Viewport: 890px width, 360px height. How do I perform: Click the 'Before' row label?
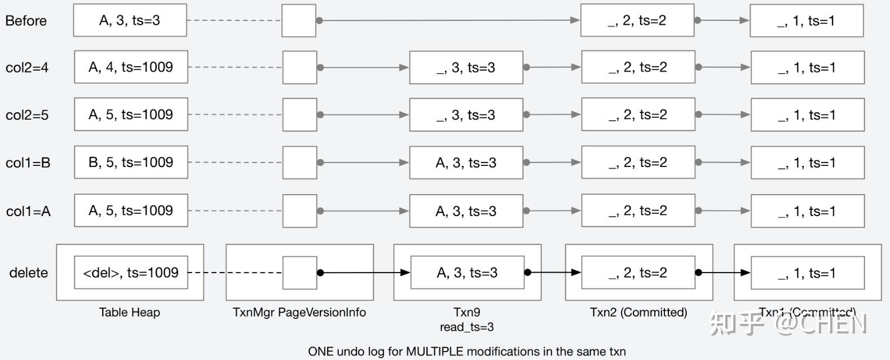26,21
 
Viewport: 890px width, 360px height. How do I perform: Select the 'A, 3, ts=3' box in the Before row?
130,21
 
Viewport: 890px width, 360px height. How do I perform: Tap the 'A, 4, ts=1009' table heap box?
131,67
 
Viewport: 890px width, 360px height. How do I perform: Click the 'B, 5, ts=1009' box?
131,163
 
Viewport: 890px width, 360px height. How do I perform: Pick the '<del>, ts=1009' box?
131,273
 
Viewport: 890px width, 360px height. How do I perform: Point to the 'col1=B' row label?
28,163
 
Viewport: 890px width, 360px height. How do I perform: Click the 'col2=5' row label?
27,115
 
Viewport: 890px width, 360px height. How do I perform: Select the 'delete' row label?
28,273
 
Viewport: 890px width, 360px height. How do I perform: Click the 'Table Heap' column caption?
130,312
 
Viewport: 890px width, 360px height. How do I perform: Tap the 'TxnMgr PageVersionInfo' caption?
299,312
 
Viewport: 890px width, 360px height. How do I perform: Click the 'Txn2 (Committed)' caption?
638,312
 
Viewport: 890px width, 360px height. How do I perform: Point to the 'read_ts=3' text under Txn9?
467,327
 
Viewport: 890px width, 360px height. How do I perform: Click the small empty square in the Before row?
299,21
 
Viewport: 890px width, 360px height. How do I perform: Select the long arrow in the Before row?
448,20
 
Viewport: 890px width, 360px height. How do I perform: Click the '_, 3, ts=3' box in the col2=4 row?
466,68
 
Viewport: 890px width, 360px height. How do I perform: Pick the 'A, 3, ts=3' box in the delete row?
467,273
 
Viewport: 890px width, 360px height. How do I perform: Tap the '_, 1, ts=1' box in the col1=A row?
807,211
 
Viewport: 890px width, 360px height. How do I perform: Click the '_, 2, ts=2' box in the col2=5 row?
638,115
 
